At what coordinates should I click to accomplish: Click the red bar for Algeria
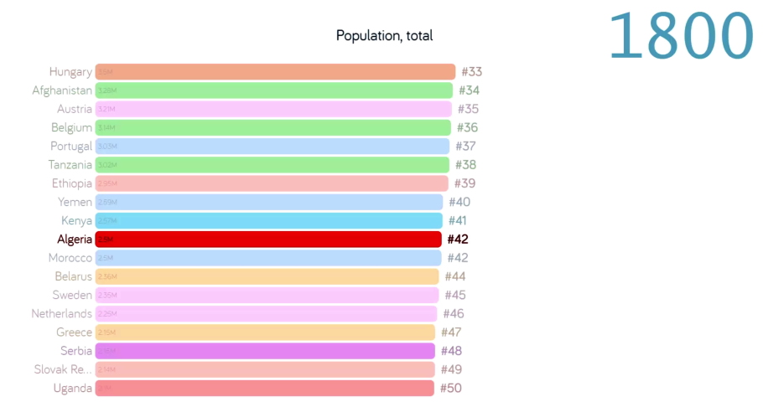[268, 240]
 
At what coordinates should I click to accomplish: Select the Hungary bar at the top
[275, 72]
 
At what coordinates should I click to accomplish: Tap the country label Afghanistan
[62, 90]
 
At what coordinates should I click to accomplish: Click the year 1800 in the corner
[681, 35]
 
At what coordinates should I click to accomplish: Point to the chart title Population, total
[384, 35]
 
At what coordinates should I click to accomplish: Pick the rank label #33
[472, 72]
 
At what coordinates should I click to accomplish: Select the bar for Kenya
[268, 221]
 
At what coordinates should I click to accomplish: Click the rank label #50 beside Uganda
[450, 389]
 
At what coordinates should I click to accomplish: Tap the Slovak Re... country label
[63, 369]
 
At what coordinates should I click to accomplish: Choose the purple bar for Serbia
[265, 351]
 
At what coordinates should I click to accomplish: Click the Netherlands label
[62, 314]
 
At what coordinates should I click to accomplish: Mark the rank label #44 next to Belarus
[455, 276]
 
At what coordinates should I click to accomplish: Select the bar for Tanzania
[272, 165]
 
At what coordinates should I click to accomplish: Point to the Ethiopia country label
[71, 183]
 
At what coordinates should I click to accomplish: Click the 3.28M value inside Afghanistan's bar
[106, 90]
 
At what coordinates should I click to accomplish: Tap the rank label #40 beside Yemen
[459, 202]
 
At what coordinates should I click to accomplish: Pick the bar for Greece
[265, 332]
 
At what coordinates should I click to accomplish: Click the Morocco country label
[70, 258]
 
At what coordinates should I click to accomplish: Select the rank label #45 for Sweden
[454, 295]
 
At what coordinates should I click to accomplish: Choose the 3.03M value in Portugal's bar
[106, 147]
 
